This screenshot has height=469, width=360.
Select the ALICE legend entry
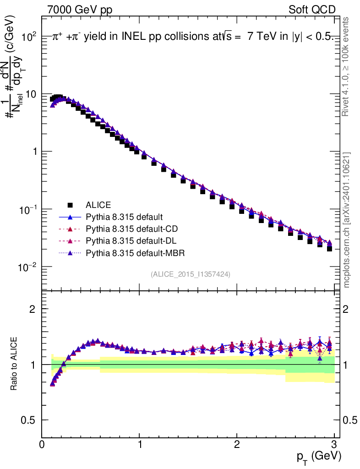pyautogui.click(x=98, y=205)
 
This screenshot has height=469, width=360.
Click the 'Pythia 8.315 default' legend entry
pyautogui.click(x=125, y=217)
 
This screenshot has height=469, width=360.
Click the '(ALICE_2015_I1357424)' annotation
pyautogui.click(x=190, y=274)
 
